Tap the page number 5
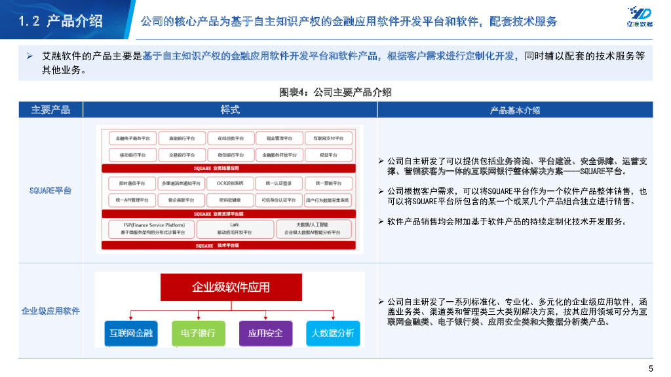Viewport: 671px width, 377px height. pyautogui.click(x=650, y=367)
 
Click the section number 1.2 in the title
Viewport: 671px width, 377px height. pyautogui.click(x=30, y=21)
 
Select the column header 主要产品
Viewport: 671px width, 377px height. pyautogui.click(x=50, y=109)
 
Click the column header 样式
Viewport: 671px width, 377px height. pyautogui.click(x=230, y=109)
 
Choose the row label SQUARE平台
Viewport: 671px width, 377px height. pyautogui.click(x=50, y=190)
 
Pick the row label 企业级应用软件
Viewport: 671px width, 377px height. pyautogui.click(x=50, y=310)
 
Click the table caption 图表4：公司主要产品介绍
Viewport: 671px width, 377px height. pyautogui.click(x=335, y=92)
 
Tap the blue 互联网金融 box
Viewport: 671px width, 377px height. pyautogui.click(x=130, y=333)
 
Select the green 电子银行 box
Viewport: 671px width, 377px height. pyautogui.click(x=198, y=333)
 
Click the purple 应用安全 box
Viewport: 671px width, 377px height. pyautogui.click(x=265, y=333)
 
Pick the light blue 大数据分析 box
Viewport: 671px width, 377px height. pyautogui.click(x=332, y=333)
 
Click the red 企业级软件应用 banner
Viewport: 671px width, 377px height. pyautogui.click(x=231, y=287)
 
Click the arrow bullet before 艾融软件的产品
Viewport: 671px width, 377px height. pyautogui.click(x=29, y=57)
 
